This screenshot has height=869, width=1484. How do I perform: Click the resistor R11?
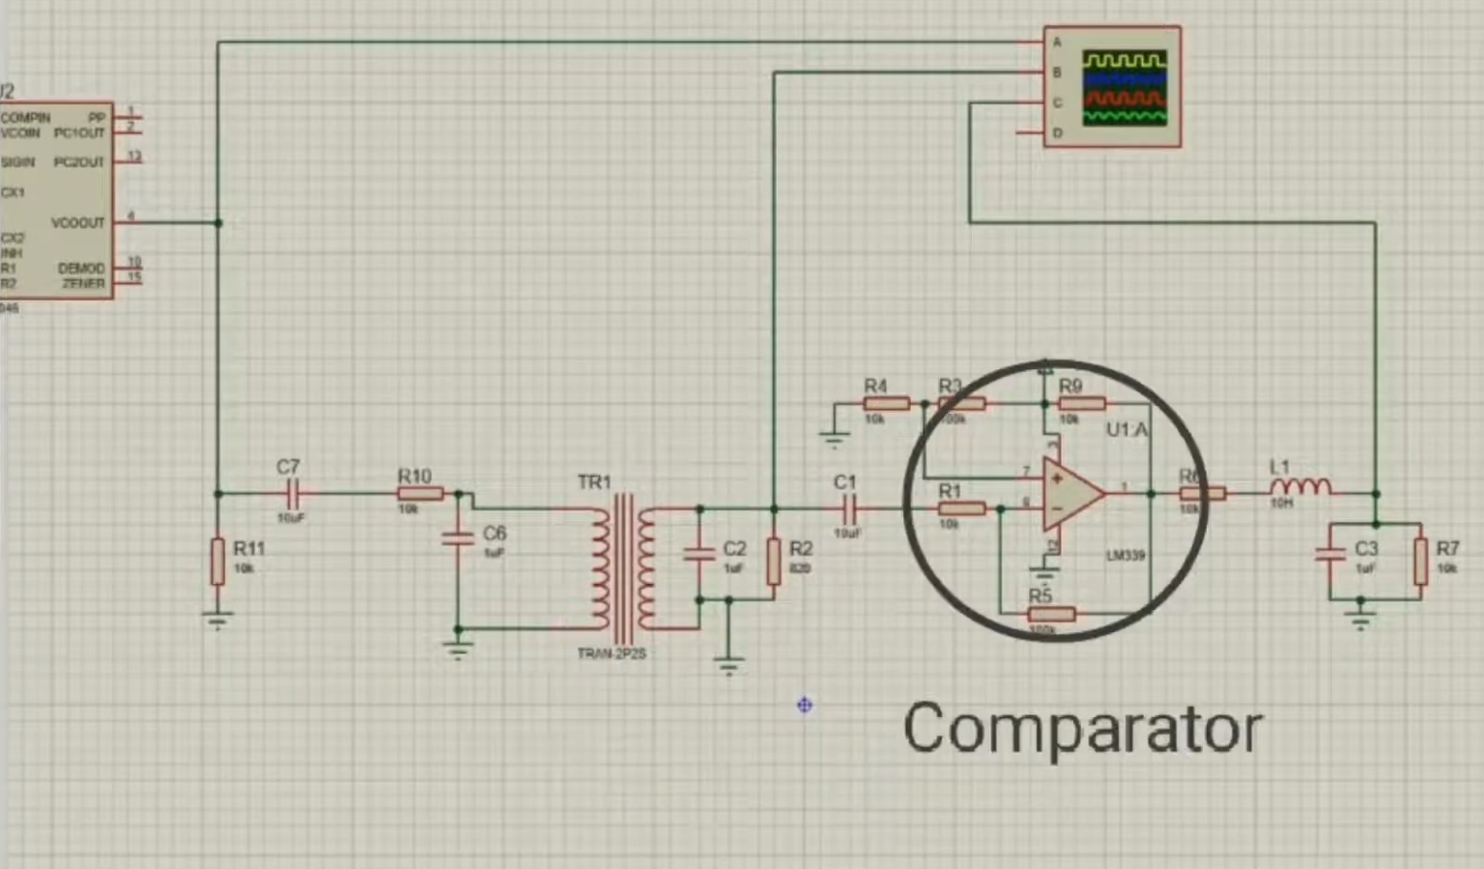pos(217,562)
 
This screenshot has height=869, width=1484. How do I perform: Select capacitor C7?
pos(294,494)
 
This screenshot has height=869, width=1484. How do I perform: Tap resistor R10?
pos(420,494)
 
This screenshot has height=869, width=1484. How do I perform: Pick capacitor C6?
pos(458,537)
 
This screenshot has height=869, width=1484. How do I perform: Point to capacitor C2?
pos(699,554)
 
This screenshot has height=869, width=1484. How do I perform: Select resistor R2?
pos(774,562)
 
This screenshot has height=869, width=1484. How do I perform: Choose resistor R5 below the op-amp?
pos(1050,614)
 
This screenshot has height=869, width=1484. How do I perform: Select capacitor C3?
pos(1330,554)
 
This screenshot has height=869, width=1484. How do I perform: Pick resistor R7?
pos(1420,562)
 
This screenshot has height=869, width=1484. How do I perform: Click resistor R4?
pos(886,404)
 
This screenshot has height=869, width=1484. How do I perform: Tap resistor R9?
pos(1081,404)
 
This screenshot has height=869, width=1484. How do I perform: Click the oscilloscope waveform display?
pos(1125,88)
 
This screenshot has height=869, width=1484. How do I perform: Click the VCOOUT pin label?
pos(77,223)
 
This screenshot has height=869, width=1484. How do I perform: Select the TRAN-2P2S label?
pos(612,654)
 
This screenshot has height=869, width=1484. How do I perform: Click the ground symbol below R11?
pos(217,620)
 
